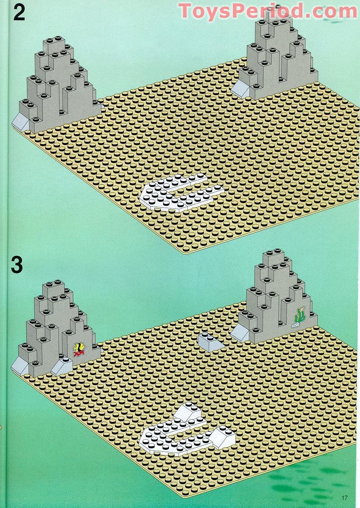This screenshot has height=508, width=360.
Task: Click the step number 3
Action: point(17,264)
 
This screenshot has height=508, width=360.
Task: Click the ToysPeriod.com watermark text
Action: point(268,10)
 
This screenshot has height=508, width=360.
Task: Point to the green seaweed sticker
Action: point(298,316)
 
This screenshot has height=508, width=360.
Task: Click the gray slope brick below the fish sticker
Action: point(62,367)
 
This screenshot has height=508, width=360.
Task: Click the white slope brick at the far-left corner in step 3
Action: point(20,366)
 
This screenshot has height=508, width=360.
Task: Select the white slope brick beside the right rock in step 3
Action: point(240,333)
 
